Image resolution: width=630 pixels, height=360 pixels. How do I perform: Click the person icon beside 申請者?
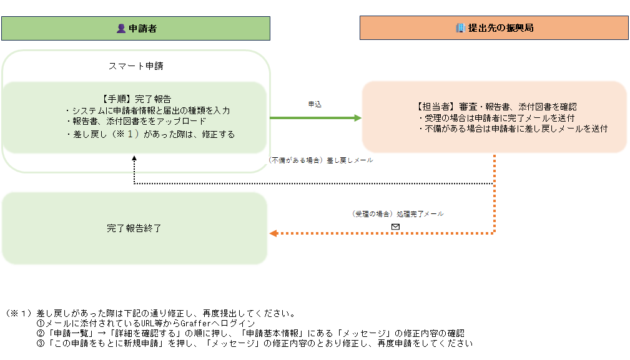(x=121, y=28)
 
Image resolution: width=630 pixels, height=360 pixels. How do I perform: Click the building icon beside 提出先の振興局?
(x=461, y=28)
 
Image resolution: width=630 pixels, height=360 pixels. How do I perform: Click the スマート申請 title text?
(x=135, y=66)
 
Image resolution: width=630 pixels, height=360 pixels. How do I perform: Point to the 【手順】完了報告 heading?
(x=135, y=99)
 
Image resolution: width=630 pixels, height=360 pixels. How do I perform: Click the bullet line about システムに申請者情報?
(x=148, y=110)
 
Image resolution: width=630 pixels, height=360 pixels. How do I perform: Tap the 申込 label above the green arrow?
(x=315, y=104)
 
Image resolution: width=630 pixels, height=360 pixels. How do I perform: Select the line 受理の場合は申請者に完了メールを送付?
(x=496, y=118)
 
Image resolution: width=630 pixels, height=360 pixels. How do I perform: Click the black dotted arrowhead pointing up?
(x=134, y=159)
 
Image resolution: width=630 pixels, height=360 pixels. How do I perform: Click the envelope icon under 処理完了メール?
(x=395, y=226)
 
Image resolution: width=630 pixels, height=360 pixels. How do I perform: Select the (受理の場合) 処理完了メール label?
(x=398, y=214)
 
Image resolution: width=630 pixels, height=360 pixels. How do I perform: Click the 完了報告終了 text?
(x=134, y=228)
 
